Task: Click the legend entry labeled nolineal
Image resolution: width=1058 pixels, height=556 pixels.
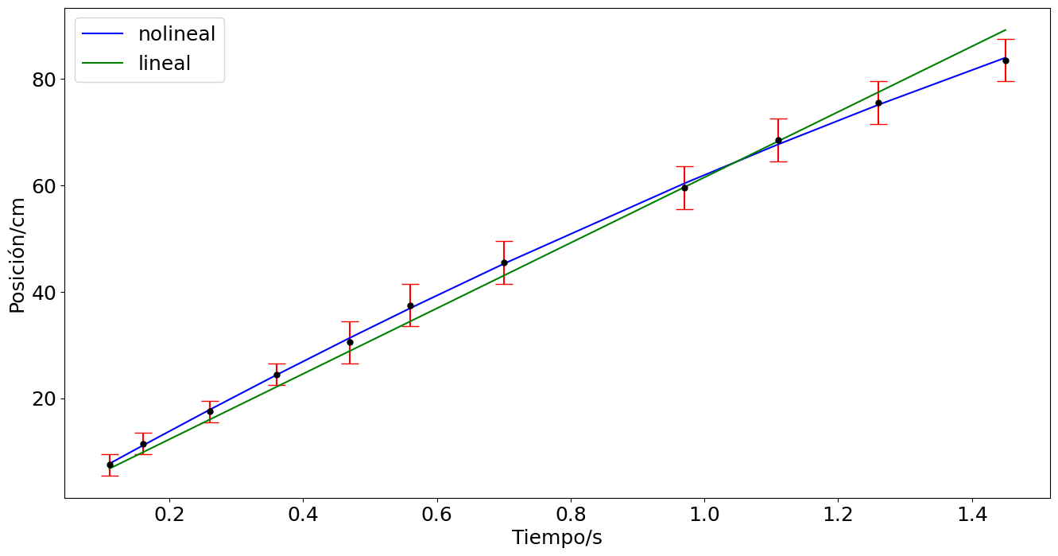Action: pos(176,33)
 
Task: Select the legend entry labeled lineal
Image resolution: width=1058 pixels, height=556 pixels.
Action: pos(164,64)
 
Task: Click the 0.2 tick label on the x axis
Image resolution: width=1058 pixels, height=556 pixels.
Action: pos(169,514)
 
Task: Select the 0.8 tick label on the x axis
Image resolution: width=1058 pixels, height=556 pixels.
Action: pos(571,514)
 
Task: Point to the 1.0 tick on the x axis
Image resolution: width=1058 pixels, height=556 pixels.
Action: pos(704,514)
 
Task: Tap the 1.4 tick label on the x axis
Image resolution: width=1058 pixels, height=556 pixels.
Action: pos(971,514)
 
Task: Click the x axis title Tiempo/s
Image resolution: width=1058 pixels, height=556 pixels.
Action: pos(556,538)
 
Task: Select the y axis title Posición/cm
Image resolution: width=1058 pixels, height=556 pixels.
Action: pos(17,255)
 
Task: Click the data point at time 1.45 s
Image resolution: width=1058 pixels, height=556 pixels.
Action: pos(1006,60)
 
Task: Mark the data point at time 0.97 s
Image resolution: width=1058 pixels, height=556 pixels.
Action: pos(684,188)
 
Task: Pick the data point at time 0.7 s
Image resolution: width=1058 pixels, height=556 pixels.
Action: pos(504,262)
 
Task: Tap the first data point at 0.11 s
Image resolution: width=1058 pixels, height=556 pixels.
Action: pos(110,465)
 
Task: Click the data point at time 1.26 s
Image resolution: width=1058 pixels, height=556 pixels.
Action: pos(878,103)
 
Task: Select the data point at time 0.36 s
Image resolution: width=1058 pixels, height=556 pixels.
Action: pos(277,375)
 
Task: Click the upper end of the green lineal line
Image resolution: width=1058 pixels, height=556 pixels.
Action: pos(1006,30)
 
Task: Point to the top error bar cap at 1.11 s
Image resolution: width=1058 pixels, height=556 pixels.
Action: pos(778,119)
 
